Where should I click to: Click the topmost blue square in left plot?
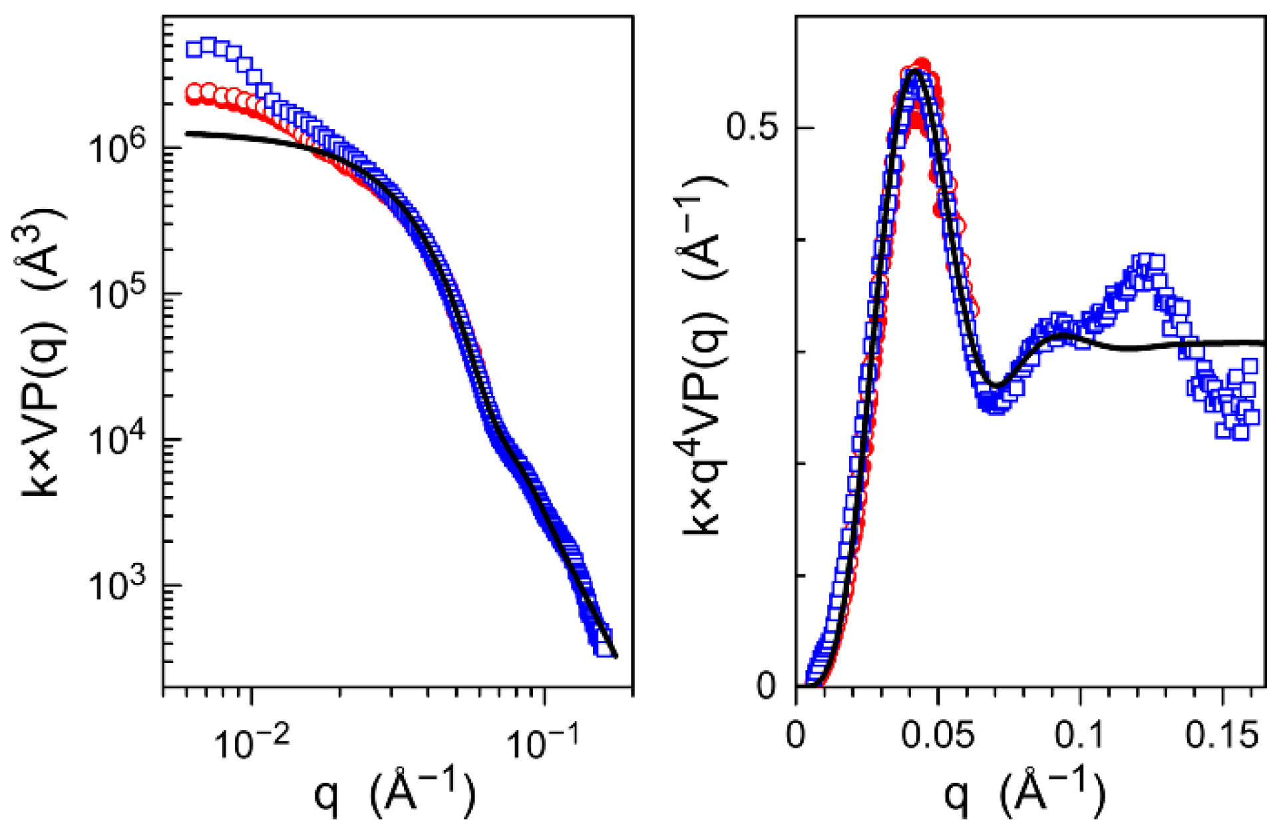(209, 45)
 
